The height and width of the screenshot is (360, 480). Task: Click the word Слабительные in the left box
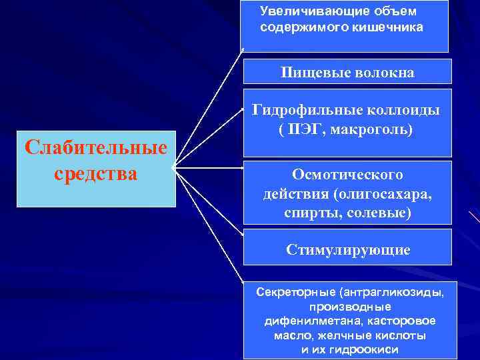[95, 146]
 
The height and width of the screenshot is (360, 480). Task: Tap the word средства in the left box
[95, 173]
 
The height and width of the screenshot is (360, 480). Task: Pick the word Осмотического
[347, 174]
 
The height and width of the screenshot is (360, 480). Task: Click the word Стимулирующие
[348, 250]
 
